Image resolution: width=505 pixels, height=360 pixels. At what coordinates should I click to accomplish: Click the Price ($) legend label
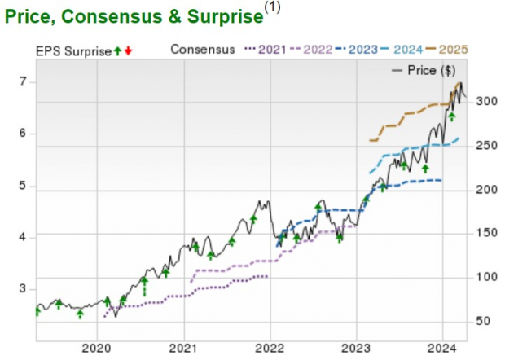coord(437,70)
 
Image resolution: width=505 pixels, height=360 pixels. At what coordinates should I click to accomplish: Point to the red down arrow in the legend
coord(129,50)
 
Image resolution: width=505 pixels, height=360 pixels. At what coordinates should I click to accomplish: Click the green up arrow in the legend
coord(118,50)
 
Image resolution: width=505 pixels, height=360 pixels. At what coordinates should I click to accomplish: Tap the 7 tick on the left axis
coord(24,81)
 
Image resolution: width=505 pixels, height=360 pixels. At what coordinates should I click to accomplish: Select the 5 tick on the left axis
coord(24,186)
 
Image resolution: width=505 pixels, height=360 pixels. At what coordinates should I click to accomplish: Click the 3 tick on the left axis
coord(24,289)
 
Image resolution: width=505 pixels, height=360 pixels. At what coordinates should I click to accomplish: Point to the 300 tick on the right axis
coord(485,101)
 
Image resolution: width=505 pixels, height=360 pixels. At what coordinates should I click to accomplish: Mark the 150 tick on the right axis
coord(485,233)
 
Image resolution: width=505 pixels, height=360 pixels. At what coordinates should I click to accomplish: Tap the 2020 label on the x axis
coord(97,348)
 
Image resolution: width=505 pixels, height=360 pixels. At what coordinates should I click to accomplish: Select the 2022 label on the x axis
coord(270,348)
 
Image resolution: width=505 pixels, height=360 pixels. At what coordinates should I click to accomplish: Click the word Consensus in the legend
coord(203,50)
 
